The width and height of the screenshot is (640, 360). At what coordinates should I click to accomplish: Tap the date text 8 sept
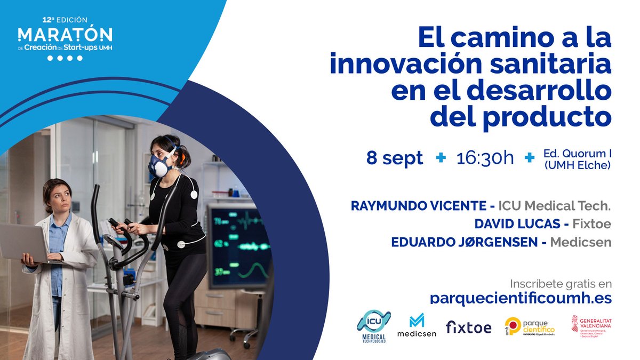click(395, 158)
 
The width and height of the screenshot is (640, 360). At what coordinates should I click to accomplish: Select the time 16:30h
click(485, 158)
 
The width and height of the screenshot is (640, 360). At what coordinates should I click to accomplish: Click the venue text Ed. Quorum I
click(577, 153)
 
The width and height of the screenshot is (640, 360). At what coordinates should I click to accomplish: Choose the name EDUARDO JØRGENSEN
click(464, 242)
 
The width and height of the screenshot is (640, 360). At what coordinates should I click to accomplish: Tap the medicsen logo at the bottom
click(417, 326)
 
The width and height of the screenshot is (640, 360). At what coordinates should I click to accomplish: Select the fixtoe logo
click(468, 327)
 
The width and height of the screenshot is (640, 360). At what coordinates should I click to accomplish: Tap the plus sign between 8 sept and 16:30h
click(441, 158)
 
